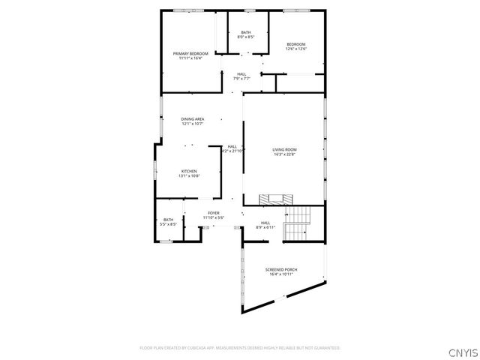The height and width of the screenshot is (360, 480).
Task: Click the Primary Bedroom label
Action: [x=190, y=54]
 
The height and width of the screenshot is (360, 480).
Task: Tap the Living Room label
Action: [x=284, y=149]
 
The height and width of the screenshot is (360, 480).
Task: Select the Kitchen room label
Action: [x=189, y=171]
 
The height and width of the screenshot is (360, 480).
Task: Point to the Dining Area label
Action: [x=192, y=119]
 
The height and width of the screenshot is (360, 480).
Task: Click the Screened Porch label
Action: [x=281, y=269]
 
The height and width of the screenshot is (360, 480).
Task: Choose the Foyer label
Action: [x=214, y=213]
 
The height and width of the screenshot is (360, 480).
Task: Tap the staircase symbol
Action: [x=298, y=220]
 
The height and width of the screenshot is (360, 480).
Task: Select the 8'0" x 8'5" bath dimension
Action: [x=246, y=37]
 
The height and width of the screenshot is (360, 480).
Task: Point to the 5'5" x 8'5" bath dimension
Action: [x=168, y=224]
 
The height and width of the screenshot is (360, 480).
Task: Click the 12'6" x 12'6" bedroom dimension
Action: [x=295, y=49]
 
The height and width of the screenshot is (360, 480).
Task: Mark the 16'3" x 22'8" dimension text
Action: [x=284, y=154]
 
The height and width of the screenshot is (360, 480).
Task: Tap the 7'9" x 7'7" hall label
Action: [x=241, y=78]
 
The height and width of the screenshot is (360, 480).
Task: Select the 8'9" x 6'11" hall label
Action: [x=265, y=227]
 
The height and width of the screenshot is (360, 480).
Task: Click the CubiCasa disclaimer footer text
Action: [x=240, y=348]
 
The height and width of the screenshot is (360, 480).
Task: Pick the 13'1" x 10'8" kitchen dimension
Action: [x=189, y=176]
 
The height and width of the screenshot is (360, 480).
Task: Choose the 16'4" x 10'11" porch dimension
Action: [x=281, y=274]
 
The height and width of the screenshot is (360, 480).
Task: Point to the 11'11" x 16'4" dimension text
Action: [x=190, y=58]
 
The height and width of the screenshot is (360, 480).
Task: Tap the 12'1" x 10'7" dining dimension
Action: [x=192, y=124]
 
